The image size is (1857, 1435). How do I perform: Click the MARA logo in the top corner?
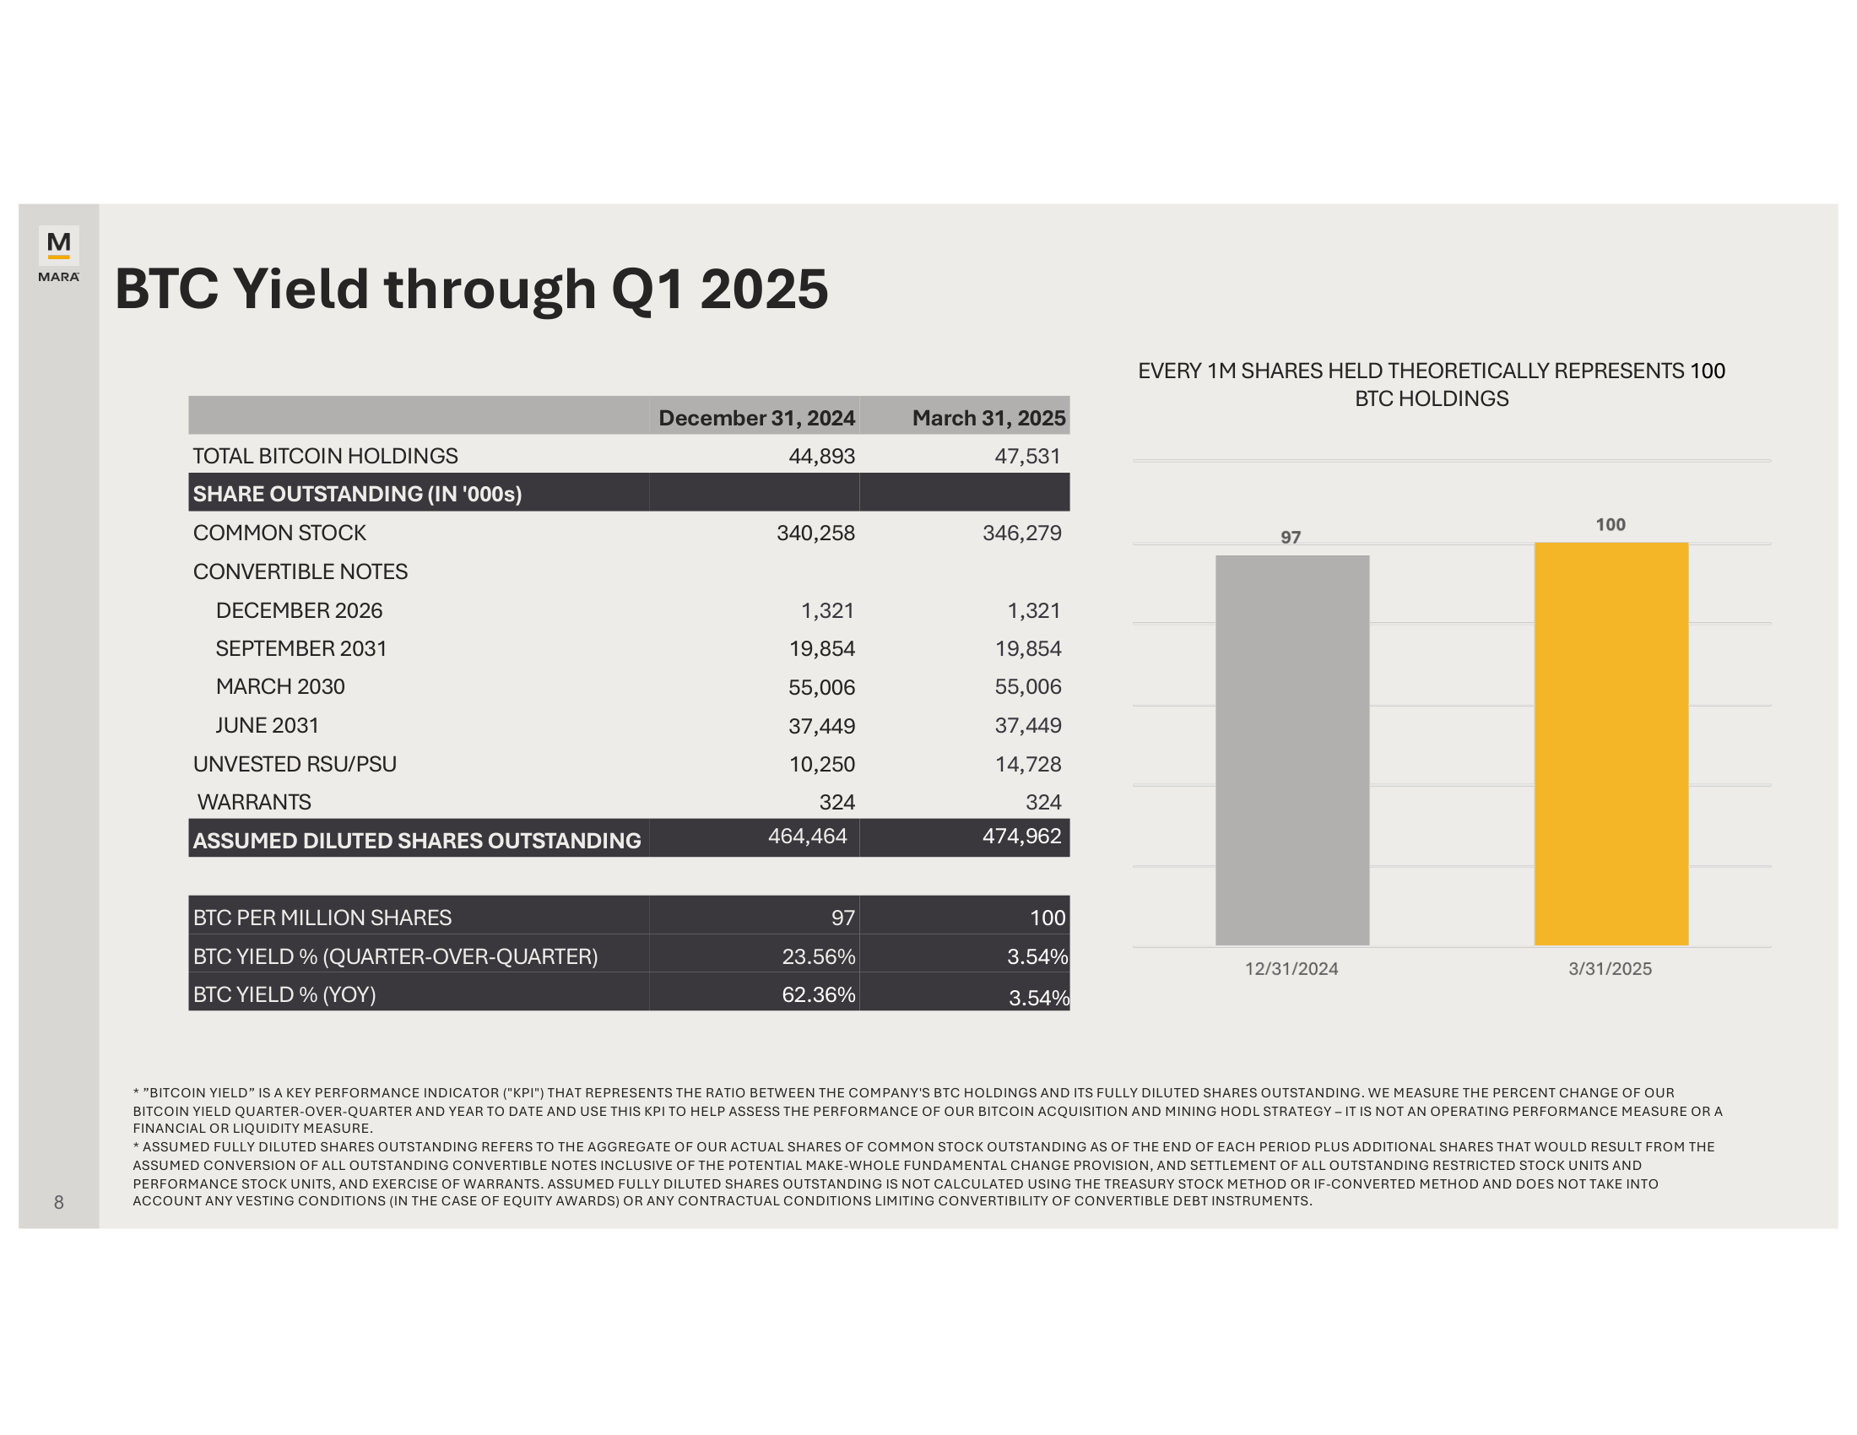pyautogui.click(x=59, y=252)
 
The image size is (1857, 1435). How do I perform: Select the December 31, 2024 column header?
pyautogui.click(x=756, y=417)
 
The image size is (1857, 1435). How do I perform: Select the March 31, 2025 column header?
pyautogui.click(x=988, y=417)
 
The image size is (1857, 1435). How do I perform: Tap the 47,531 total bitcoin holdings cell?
pyautogui.click(x=1027, y=457)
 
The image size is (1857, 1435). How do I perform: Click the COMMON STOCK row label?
pyautogui.click(x=279, y=533)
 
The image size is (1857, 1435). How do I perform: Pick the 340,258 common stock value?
pyautogui.click(x=815, y=533)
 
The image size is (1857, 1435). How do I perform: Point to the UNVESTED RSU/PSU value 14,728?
pyautogui.click(x=1027, y=764)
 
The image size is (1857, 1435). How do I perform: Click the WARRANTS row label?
pyautogui.click(x=254, y=803)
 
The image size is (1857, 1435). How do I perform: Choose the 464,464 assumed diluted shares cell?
pyautogui.click(x=807, y=837)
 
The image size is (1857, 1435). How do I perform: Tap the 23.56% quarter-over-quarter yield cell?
pyautogui.click(x=818, y=956)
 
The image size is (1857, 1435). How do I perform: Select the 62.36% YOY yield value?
pyautogui.click(x=818, y=994)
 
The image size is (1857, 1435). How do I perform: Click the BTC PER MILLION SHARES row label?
pyautogui.click(x=322, y=918)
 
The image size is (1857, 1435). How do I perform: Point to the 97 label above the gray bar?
pyautogui.click(x=1290, y=537)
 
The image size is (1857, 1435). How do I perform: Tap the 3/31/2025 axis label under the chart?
pyautogui.click(x=1610, y=969)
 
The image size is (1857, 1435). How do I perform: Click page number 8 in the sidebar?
pyautogui.click(x=59, y=1202)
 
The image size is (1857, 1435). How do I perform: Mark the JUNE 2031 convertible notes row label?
pyautogui.click(x=267, y=726)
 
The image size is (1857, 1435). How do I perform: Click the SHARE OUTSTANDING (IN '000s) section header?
pyautogui.click(x=357, y=494)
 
